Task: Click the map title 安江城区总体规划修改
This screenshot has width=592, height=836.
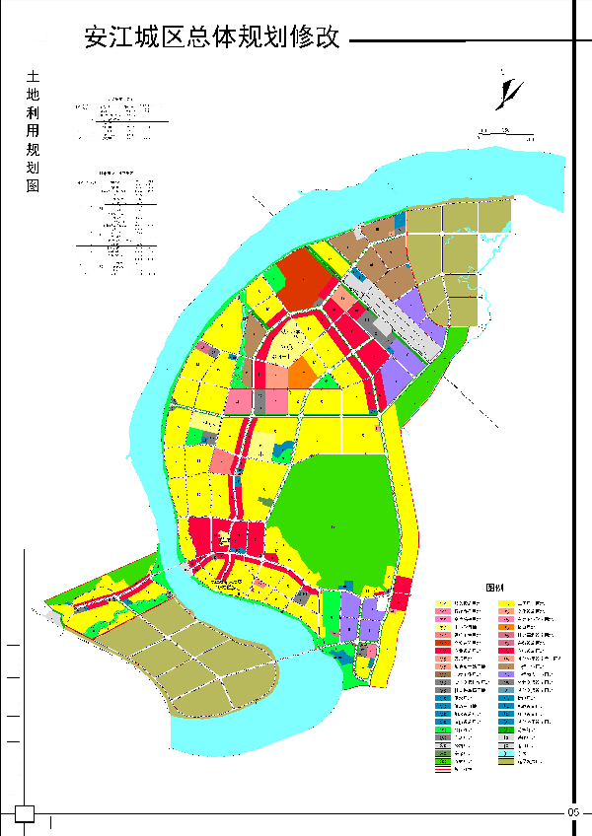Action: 212,38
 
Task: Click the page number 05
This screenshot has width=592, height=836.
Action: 572,810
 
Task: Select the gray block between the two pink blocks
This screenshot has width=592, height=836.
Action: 260,401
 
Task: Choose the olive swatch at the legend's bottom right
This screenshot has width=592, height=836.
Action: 506,761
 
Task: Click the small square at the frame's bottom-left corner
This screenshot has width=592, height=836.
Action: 25,813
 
